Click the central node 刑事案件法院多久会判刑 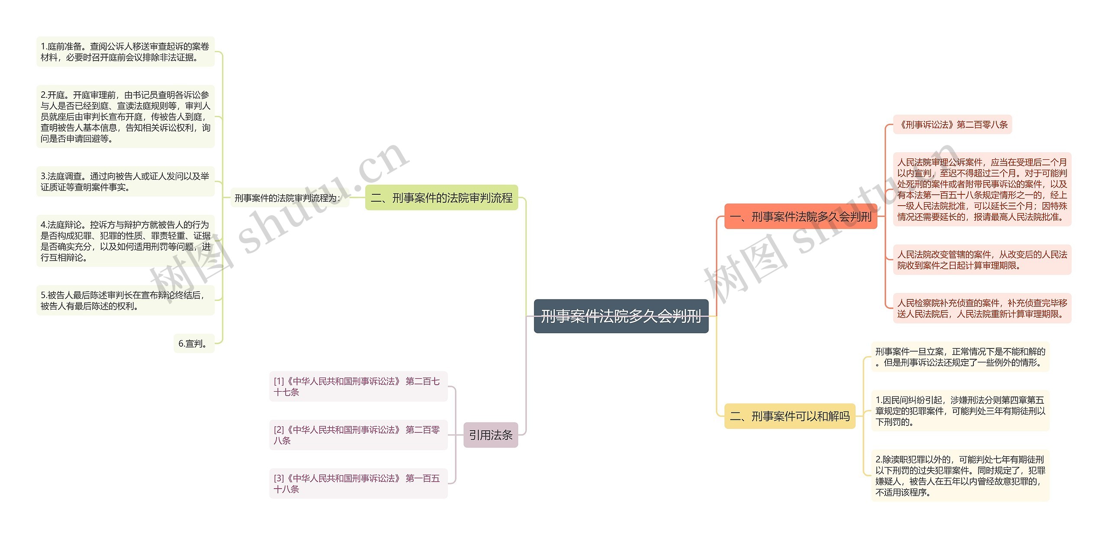pyautogui.click(x=621, y=316)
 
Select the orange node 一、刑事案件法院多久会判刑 pyautogui.click(x=800, y=216)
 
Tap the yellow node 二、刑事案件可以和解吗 pyautogui.click(x=789, y=416)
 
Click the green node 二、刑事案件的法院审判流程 pyautogui.click(x=441, y=198)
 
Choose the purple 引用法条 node pyautogui.click(x=490, y=435)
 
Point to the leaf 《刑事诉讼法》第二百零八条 pyautogui.click(x=952, y=125)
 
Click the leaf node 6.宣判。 pyautogui.click(x=193, y=344)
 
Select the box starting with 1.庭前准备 pyautogui.click(x=125, y=52)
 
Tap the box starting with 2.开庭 pyautogui.click(x=125, y=116)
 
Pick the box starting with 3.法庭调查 pyautogui.click(x=125, y=182)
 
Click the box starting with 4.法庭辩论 pyautogui.click(x=125, y=241)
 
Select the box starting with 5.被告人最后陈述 pyautogui.click(x=125, y=300)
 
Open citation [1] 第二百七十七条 pyautogui.click(x=358, y=387)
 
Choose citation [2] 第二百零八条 pyautogui.click(x=358, y=435)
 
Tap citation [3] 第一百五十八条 pyautogui.click(x=358, y=483)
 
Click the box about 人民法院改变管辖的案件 pyautogui.click(x=982, y=260)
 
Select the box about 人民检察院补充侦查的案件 pyautogui.click(x=982, y=308)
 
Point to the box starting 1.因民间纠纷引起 pyautogui.click(x=960, y=411)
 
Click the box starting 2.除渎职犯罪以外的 pyautogui.click(x=960, y=476)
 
